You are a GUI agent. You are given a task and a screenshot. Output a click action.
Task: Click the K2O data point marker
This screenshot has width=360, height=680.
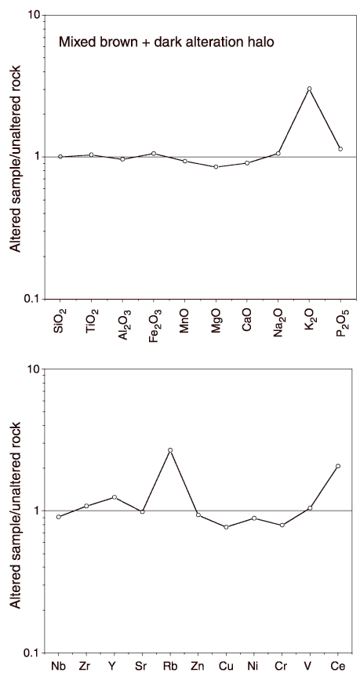coord(309,89)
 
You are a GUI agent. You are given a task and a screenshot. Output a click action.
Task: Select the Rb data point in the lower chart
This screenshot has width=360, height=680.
coord(170,450)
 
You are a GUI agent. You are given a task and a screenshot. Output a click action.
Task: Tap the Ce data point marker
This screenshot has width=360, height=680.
coord(338,466)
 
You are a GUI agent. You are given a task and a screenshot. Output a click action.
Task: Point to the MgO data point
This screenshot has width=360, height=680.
coord(216,167)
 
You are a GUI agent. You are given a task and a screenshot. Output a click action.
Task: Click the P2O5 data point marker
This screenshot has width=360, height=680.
coord(340,149)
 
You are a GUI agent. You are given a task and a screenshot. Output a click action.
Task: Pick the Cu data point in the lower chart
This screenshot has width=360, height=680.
coord(226,527)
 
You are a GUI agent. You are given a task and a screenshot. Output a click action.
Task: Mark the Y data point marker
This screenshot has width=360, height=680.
coord(115,497)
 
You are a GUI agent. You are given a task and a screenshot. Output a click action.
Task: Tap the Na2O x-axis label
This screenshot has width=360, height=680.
coord(278,322)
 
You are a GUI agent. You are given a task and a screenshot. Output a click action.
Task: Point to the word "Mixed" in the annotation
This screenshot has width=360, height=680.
coord(75,42)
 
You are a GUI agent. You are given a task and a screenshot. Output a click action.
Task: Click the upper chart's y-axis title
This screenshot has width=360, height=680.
coord(16,158)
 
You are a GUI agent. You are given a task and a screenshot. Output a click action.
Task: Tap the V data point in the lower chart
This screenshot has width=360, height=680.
coord(310,507)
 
